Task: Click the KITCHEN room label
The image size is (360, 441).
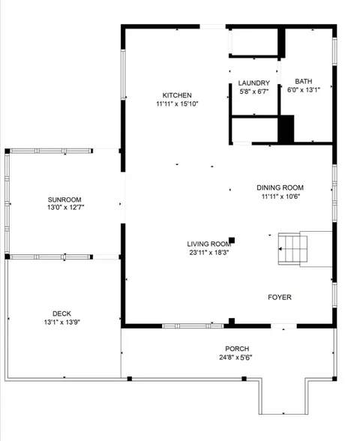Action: point(177,95)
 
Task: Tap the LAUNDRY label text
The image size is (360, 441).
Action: point(254,83)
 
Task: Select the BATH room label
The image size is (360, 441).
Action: point(304,81)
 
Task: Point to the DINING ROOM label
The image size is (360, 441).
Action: point(280,187)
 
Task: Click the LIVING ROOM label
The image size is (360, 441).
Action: point(209,244)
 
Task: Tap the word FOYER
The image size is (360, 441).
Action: point(280,297)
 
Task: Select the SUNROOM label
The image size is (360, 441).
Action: point(64,199)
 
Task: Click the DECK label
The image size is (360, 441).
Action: point(61,313)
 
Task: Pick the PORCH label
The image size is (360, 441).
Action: point(237,349)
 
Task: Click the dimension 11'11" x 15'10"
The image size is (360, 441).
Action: point(177,104)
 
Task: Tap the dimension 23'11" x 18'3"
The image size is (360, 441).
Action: point(209,253)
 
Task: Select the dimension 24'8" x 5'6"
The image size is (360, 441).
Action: point(235,358)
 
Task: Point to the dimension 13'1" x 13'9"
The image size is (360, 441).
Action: point(62,322)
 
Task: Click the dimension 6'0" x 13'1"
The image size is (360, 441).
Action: point(304,90)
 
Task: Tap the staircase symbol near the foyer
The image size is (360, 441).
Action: point(292,249)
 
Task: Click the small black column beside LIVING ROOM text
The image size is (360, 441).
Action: point(232,241)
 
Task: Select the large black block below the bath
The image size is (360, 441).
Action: point(286,129)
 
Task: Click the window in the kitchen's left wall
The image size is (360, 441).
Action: point(123,74)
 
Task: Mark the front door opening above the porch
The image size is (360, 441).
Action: point(283,326)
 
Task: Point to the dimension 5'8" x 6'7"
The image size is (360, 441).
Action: point(254,91)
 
